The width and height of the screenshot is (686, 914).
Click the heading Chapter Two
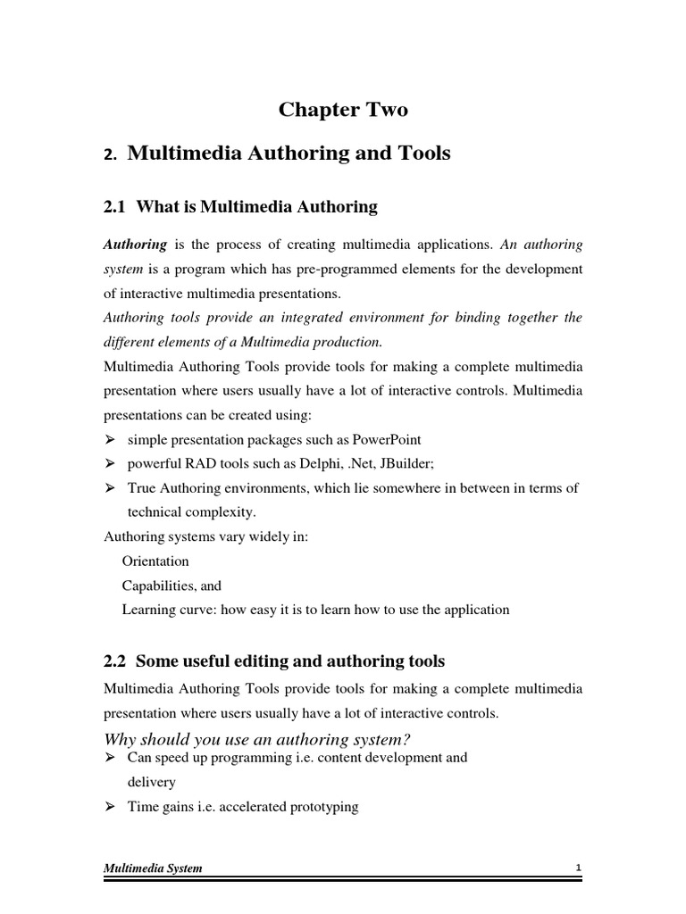343,110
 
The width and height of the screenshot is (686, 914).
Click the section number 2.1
116,207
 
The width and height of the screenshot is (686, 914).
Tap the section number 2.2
116,661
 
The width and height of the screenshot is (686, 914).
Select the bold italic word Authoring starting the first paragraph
135,244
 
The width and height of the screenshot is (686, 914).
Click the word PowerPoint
387,440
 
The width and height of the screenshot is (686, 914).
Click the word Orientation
155,561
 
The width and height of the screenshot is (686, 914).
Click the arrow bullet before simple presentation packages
111,440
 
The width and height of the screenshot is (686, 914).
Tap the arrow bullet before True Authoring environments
111,487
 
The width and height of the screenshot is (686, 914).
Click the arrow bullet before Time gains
111,806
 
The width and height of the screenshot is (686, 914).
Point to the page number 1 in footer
578,868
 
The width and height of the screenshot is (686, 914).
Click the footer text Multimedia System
153,868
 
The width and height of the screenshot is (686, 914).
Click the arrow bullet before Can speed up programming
111,758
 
